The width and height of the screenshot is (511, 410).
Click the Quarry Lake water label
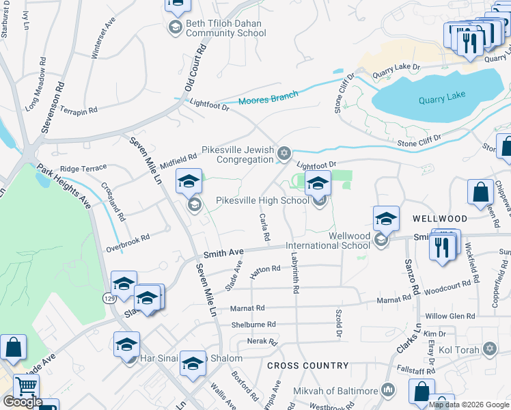[441, 98]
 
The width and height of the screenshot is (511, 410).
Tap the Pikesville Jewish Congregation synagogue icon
[285, 153]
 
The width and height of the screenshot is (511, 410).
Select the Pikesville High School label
[262, 200]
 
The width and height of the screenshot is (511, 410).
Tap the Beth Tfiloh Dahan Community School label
[225, 28]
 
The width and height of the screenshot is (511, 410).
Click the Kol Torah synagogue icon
[488, 349]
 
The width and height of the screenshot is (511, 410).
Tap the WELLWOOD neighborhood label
[440, 218]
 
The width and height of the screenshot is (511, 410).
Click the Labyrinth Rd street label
[295, 274]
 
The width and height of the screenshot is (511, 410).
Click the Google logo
[23, 402]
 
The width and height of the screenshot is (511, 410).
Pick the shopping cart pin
[27, 387]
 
